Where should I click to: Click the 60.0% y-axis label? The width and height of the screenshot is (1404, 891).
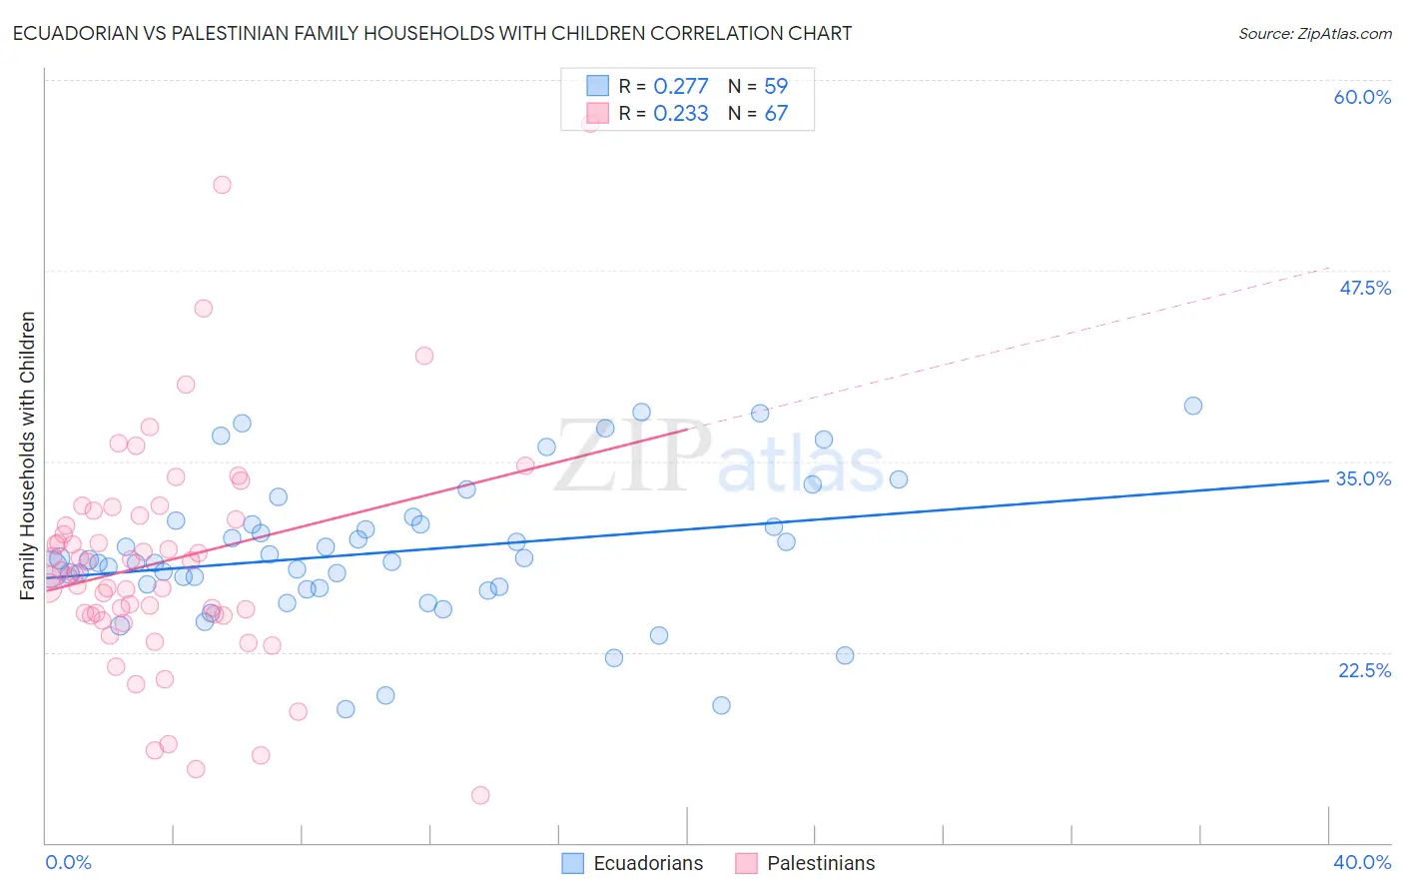pyautogui.click(x=1362, y=97)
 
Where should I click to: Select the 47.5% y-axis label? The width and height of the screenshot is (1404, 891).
pyautogui.click(x=1365, y=288)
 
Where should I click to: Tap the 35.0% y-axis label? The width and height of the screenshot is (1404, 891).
pyautogui.click(x=1363, y=478)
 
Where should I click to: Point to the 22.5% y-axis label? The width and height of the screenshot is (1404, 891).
pyautogui.click(x=1364, y=670)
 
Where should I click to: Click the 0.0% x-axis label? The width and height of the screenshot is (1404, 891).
pyautogui.click(x=68, y=862)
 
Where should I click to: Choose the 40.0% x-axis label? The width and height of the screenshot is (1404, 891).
pyautogui.click(x=1362, y=862)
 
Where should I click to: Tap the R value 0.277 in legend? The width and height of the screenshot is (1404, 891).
pyautogui.click(x=680, y=86)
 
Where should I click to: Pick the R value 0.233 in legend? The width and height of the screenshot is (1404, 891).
pyautogui.click(x=680, y=113)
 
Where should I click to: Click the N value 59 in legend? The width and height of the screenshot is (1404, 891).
pyautogui.click(x=776, y=86)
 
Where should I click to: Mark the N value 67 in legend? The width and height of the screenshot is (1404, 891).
pyautogui.click(x=776, y=113)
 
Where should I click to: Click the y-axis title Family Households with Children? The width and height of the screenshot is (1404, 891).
pyautogui.click(x=27, y=455)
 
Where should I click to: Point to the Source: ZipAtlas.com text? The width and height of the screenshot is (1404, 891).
pyautogui.click(x=1314, y=33)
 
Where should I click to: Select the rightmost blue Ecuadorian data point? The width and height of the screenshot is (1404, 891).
pyautogui.click(x=1192, y=406)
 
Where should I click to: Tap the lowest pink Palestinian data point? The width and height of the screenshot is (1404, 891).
pyautogui.click(x=480, y=795)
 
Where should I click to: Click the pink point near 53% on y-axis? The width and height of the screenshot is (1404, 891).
pyautogui.click(x=222, y=185)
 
